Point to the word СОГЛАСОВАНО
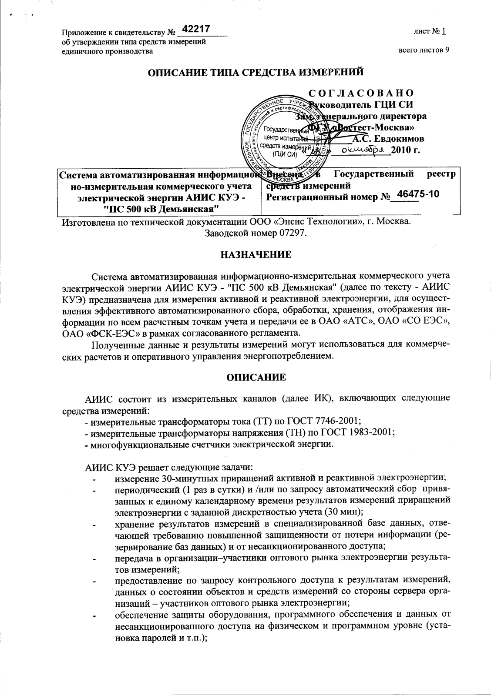361,93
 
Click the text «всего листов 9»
424,50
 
